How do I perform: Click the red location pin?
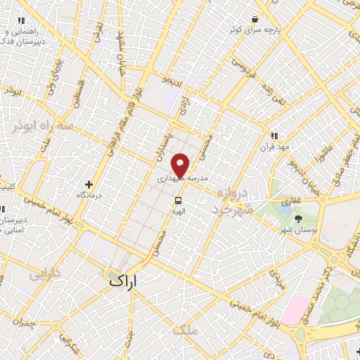pyautogui.click(x=181, y=166)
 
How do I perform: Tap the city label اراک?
pyautogui.click(x=124, y=281)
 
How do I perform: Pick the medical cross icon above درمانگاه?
pyautogui.click(x=89, y=184)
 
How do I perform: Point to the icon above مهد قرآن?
pyautogui.click(x=274, y=136)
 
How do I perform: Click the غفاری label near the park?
pyautogui.click(x=292, y=201)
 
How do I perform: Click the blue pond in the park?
pyautogui.click(x=285, y=208)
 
